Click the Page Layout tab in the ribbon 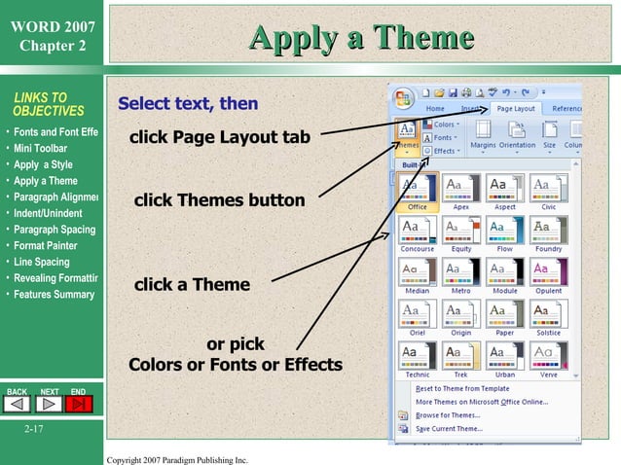(x=516, y=109)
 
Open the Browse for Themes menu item (x=448, y=414)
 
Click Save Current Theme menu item (x=449, y=428)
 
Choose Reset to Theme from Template (x=461, y=388)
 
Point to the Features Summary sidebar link (x=55, y=295)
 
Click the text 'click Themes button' (x=219, y=201)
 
